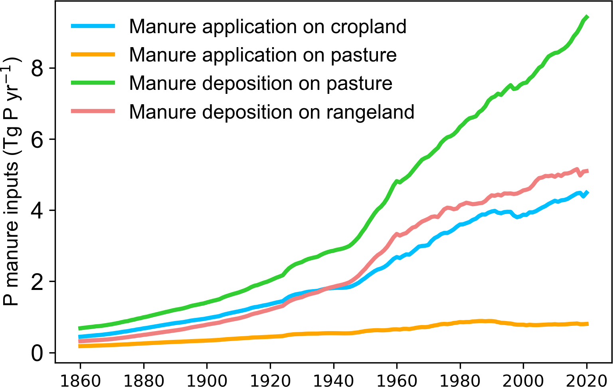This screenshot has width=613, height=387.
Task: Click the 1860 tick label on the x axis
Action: coord(80,381)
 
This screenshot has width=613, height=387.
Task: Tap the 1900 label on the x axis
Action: coord(207,381)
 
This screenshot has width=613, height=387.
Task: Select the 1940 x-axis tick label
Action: coord(334,381)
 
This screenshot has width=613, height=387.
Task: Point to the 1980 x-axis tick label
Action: coord(460,381)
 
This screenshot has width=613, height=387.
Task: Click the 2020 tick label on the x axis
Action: coord(586,381)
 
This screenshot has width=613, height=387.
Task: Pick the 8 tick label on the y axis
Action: coord(37,68)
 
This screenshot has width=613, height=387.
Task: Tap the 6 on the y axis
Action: coord(37,139)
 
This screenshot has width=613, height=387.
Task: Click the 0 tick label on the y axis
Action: coord(37,353)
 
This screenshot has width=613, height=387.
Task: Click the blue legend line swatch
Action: coord(93,26)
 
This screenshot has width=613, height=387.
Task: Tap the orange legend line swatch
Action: coord(93,54)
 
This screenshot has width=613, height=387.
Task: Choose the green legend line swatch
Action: coord(93,83)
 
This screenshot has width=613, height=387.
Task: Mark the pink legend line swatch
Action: coord(93,111)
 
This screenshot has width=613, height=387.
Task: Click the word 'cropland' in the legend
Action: coord(368,28)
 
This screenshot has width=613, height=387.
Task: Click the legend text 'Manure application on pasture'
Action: coord(263,56)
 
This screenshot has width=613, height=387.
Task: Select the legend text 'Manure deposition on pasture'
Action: coord(261,84)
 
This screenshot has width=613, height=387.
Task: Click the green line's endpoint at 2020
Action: coord(587,17)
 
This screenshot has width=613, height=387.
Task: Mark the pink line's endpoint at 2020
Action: coord(587,171)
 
